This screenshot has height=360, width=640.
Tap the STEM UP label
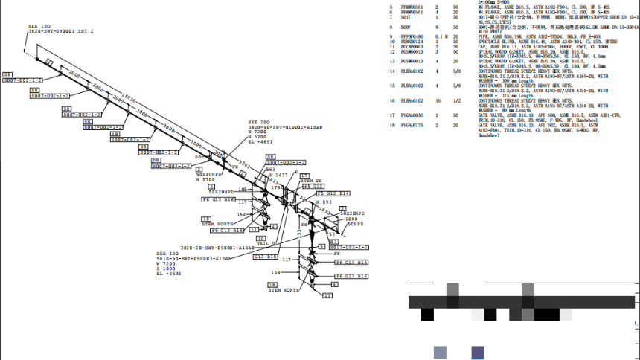click(x=311, y=181)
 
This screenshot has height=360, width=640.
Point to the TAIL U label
click(x=266, y=243)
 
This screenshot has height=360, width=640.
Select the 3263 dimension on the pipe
click(x=243, y=164)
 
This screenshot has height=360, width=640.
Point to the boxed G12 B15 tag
click(x=265, y=257)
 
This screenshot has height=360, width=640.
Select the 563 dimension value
click(x=270, y=170)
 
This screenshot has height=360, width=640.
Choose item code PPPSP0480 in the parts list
click(x=412, y=36)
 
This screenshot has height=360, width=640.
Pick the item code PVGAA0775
click(x=412, y=125)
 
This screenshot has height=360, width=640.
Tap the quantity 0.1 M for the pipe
click(x=441, y=36)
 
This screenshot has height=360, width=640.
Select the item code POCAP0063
click(x=412, y=46)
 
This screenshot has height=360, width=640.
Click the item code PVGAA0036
click(x=412, y=115)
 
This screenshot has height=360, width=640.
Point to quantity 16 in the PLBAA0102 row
click(x=437, y=100)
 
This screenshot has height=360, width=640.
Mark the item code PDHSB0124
click(x=412, y=41)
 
